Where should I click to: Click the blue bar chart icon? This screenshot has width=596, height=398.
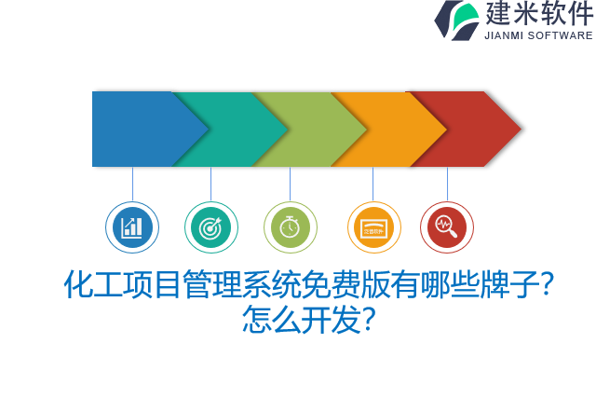(x=132, y=227)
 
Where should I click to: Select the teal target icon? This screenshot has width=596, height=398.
(x=211, y=227)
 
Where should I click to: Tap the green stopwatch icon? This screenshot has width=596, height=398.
(x=291, y=227)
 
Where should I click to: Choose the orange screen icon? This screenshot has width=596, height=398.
(x=373, y=227)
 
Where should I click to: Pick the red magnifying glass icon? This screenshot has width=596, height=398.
(x=447, y=227)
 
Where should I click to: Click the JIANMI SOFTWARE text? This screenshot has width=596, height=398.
(x=538, y=35)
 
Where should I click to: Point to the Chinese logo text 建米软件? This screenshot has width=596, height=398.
(x=538, y=14)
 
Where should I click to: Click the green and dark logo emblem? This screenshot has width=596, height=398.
(x=457, y=20)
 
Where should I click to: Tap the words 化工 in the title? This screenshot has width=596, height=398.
(x=89, y=284)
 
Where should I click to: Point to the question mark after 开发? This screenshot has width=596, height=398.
(x=368, y=320)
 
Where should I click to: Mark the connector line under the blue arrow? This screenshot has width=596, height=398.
(x=132, y=184)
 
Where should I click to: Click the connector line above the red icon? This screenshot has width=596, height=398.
(x=447, y=184)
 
